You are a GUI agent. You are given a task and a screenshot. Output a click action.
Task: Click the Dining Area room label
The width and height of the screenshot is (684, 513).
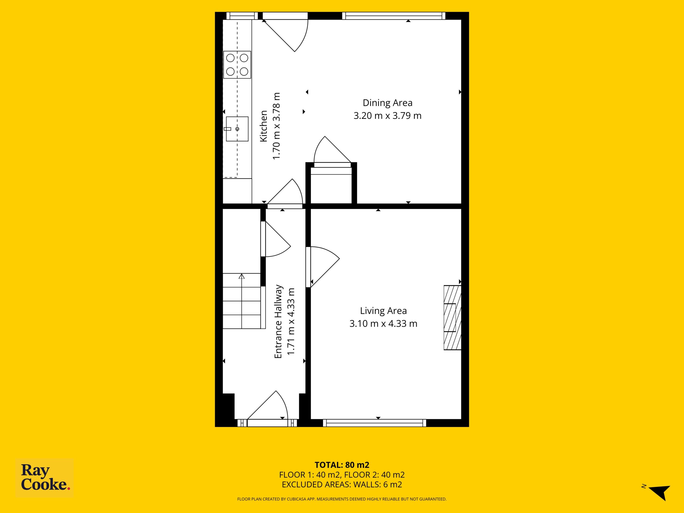[x=387, y=103]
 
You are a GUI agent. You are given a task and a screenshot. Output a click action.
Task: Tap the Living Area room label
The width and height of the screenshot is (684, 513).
[x=383, y=310]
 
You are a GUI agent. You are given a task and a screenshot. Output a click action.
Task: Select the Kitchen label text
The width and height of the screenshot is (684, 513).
[x=263, y=126]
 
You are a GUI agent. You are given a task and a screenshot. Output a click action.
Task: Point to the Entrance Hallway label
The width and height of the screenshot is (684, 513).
[x=278, y=322]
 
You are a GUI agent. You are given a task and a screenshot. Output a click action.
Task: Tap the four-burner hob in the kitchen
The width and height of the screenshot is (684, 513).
[x=237, y=65]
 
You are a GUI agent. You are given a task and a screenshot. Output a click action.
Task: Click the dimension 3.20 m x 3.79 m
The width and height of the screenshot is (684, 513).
[x=387, y=116]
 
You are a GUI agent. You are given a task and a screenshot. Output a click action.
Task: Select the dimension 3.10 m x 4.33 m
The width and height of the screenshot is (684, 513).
[x=383, y=324]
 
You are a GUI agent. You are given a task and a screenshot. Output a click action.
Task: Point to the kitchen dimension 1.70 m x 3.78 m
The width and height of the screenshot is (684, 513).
[x=276, y=126]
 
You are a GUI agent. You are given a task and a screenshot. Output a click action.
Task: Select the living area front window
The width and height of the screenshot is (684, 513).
[x=375, y=423]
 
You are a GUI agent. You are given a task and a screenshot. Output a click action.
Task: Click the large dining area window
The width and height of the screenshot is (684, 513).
[x=394, y=16]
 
